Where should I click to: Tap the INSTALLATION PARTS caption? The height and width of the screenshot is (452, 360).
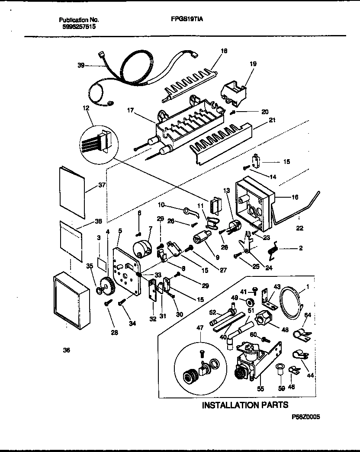point(245,405)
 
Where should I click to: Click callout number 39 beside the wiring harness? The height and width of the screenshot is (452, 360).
point(81,66)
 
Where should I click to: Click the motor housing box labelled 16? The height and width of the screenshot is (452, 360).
point(255,203)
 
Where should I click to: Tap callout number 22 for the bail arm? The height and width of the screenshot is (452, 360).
point(299,228)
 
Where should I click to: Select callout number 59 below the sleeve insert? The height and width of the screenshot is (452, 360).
point(282,388)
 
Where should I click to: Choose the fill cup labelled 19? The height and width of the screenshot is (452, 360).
point(234,91)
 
